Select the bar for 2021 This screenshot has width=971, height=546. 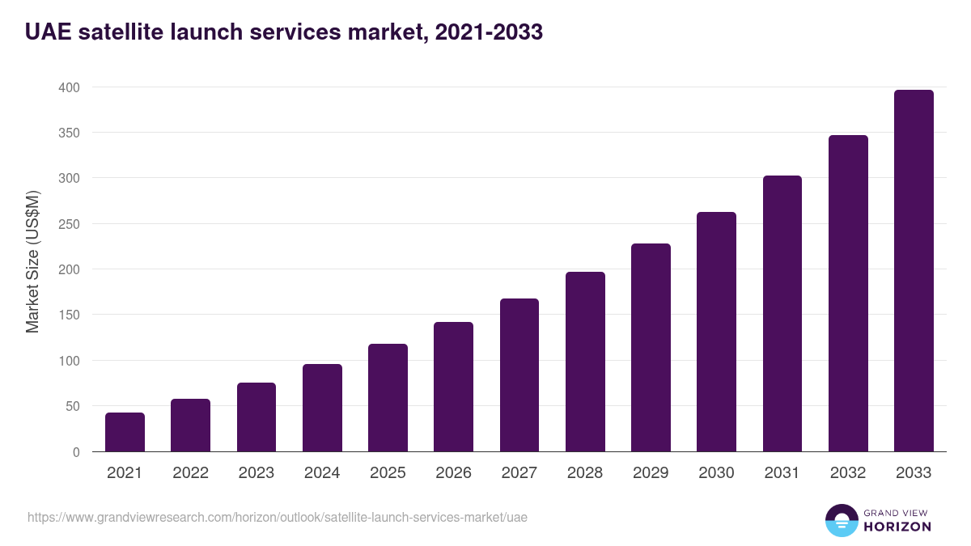(x=125, y=433)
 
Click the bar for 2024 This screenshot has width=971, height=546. (x=322, y=408)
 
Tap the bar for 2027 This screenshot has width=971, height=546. (x=519, y=375)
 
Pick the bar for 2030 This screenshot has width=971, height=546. (x=716, y=332)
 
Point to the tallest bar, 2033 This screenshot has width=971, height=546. (x=914, y=271)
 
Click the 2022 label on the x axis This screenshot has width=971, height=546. (x=191, y=473)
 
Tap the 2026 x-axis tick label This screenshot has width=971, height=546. (x=453, y=473)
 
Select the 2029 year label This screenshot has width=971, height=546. (x=651, y=473)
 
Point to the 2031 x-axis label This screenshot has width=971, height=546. (x=782, y=473)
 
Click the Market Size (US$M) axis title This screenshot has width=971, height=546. (x=32, y=261)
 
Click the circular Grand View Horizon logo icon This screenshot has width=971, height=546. (x=841, y=520)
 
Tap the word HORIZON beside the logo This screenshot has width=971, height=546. (x=897, y=527)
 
